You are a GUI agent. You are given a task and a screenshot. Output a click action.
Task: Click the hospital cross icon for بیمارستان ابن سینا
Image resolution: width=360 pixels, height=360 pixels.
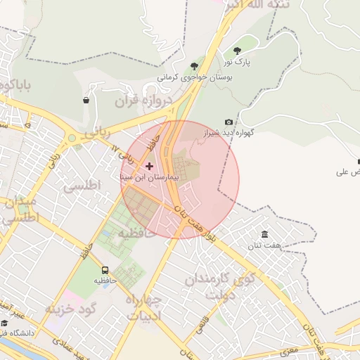[148, 166]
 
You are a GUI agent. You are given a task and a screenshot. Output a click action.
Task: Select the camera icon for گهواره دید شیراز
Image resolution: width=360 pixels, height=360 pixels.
[229, 122]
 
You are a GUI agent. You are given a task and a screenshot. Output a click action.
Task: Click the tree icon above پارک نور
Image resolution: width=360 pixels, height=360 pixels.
[237, 51]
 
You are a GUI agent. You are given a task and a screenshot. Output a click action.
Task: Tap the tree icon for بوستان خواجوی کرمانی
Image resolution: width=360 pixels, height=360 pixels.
[194, 67]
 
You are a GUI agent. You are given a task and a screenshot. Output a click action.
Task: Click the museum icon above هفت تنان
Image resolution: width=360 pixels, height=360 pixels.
[264, 234]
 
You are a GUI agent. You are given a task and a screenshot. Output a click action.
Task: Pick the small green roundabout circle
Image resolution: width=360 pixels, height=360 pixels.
[71, 139]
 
